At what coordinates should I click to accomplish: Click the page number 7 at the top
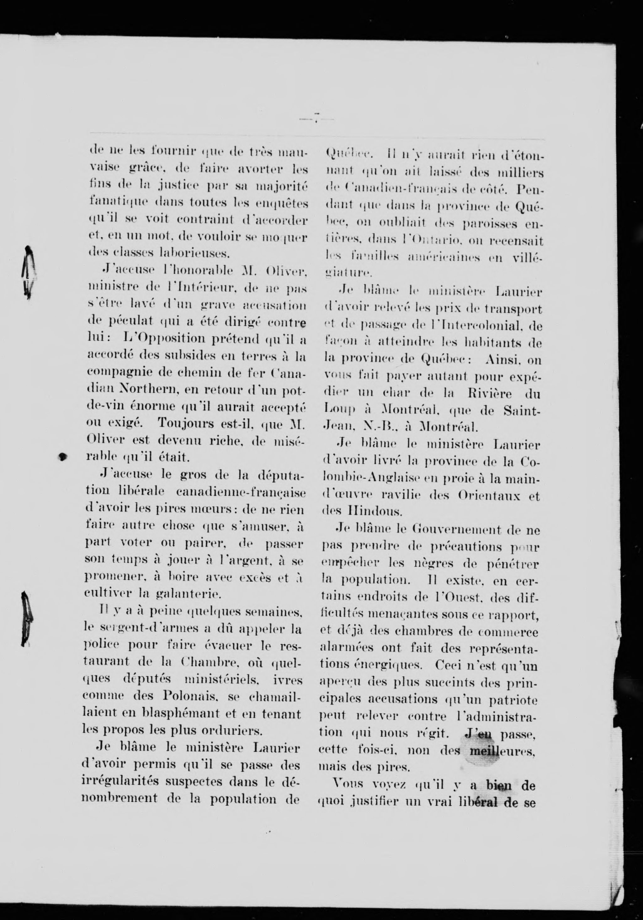click(316, 118)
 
